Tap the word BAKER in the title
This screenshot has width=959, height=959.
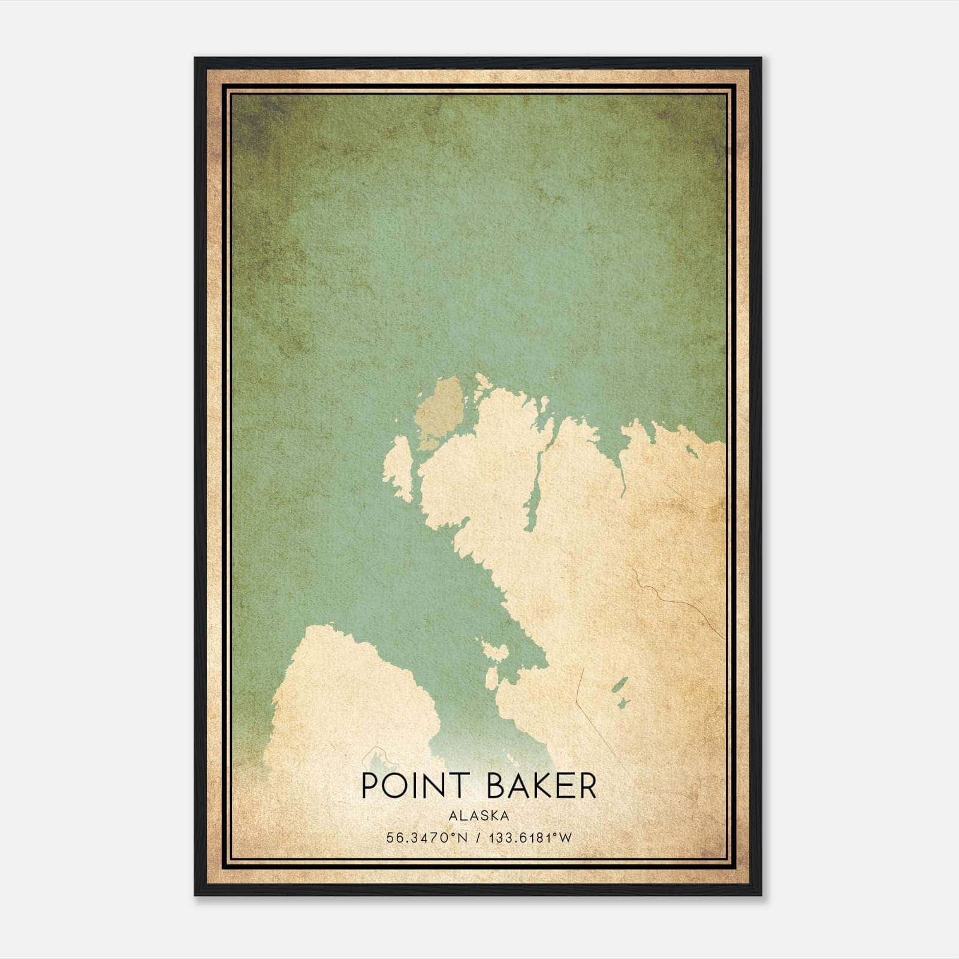click(542, 786)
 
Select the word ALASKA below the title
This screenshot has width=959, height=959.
click(479, 815)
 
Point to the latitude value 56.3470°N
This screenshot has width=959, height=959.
click(426, 837)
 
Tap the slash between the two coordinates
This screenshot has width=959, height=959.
click(478, 837)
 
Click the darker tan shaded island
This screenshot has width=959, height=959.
click(441, 412)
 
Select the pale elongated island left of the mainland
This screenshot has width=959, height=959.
click(398, 468)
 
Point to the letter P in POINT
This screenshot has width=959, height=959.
click(370, 786)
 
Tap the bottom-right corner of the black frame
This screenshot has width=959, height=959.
click(761, 895)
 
